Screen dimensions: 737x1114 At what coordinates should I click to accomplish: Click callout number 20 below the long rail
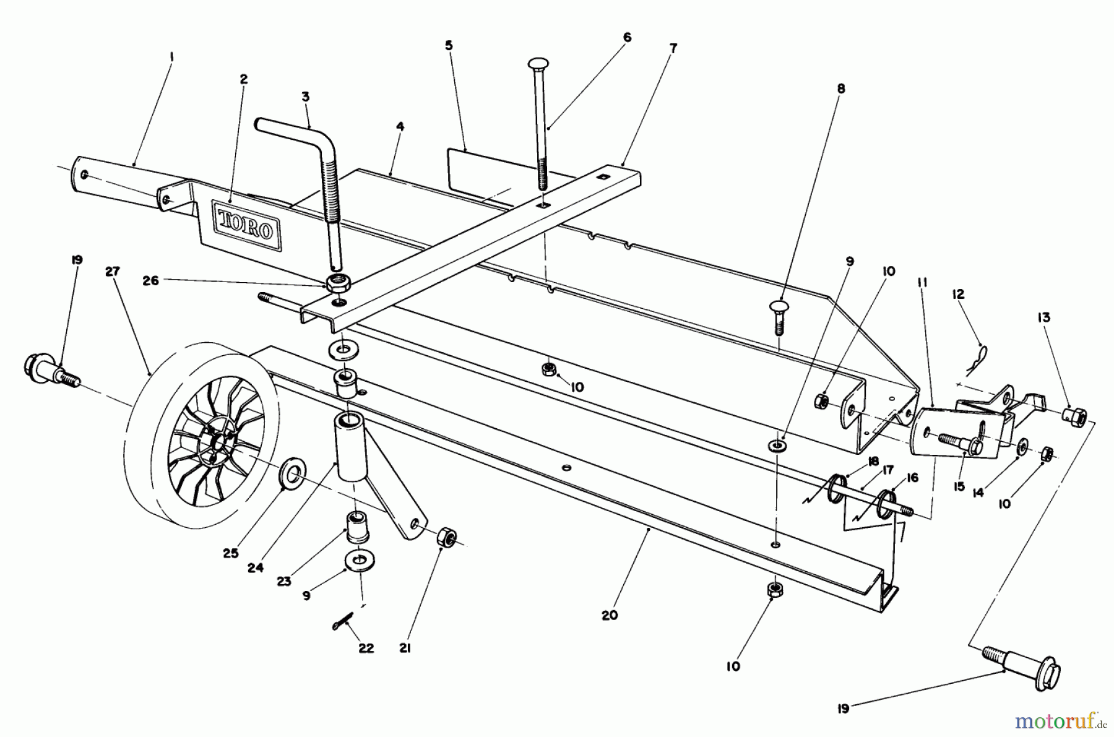pyautogui.click(x=609, y=615)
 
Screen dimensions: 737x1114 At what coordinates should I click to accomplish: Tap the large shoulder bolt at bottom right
pyautogui.click(x=1021, y=670)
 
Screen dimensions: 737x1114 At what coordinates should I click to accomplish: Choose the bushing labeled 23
pyautogui.click(x=355, y=527)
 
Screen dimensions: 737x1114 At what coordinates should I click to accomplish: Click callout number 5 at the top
pyautogui.click(x=449, y=46)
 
